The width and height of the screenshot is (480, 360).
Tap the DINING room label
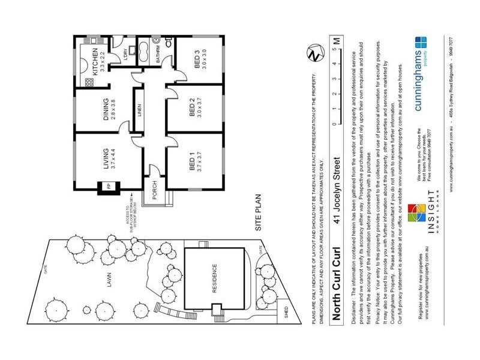(106, 109)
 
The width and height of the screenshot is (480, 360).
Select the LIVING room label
(106, 160)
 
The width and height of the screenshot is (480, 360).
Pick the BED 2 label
(192, 112)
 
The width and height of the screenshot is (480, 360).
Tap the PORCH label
(154, 189)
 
